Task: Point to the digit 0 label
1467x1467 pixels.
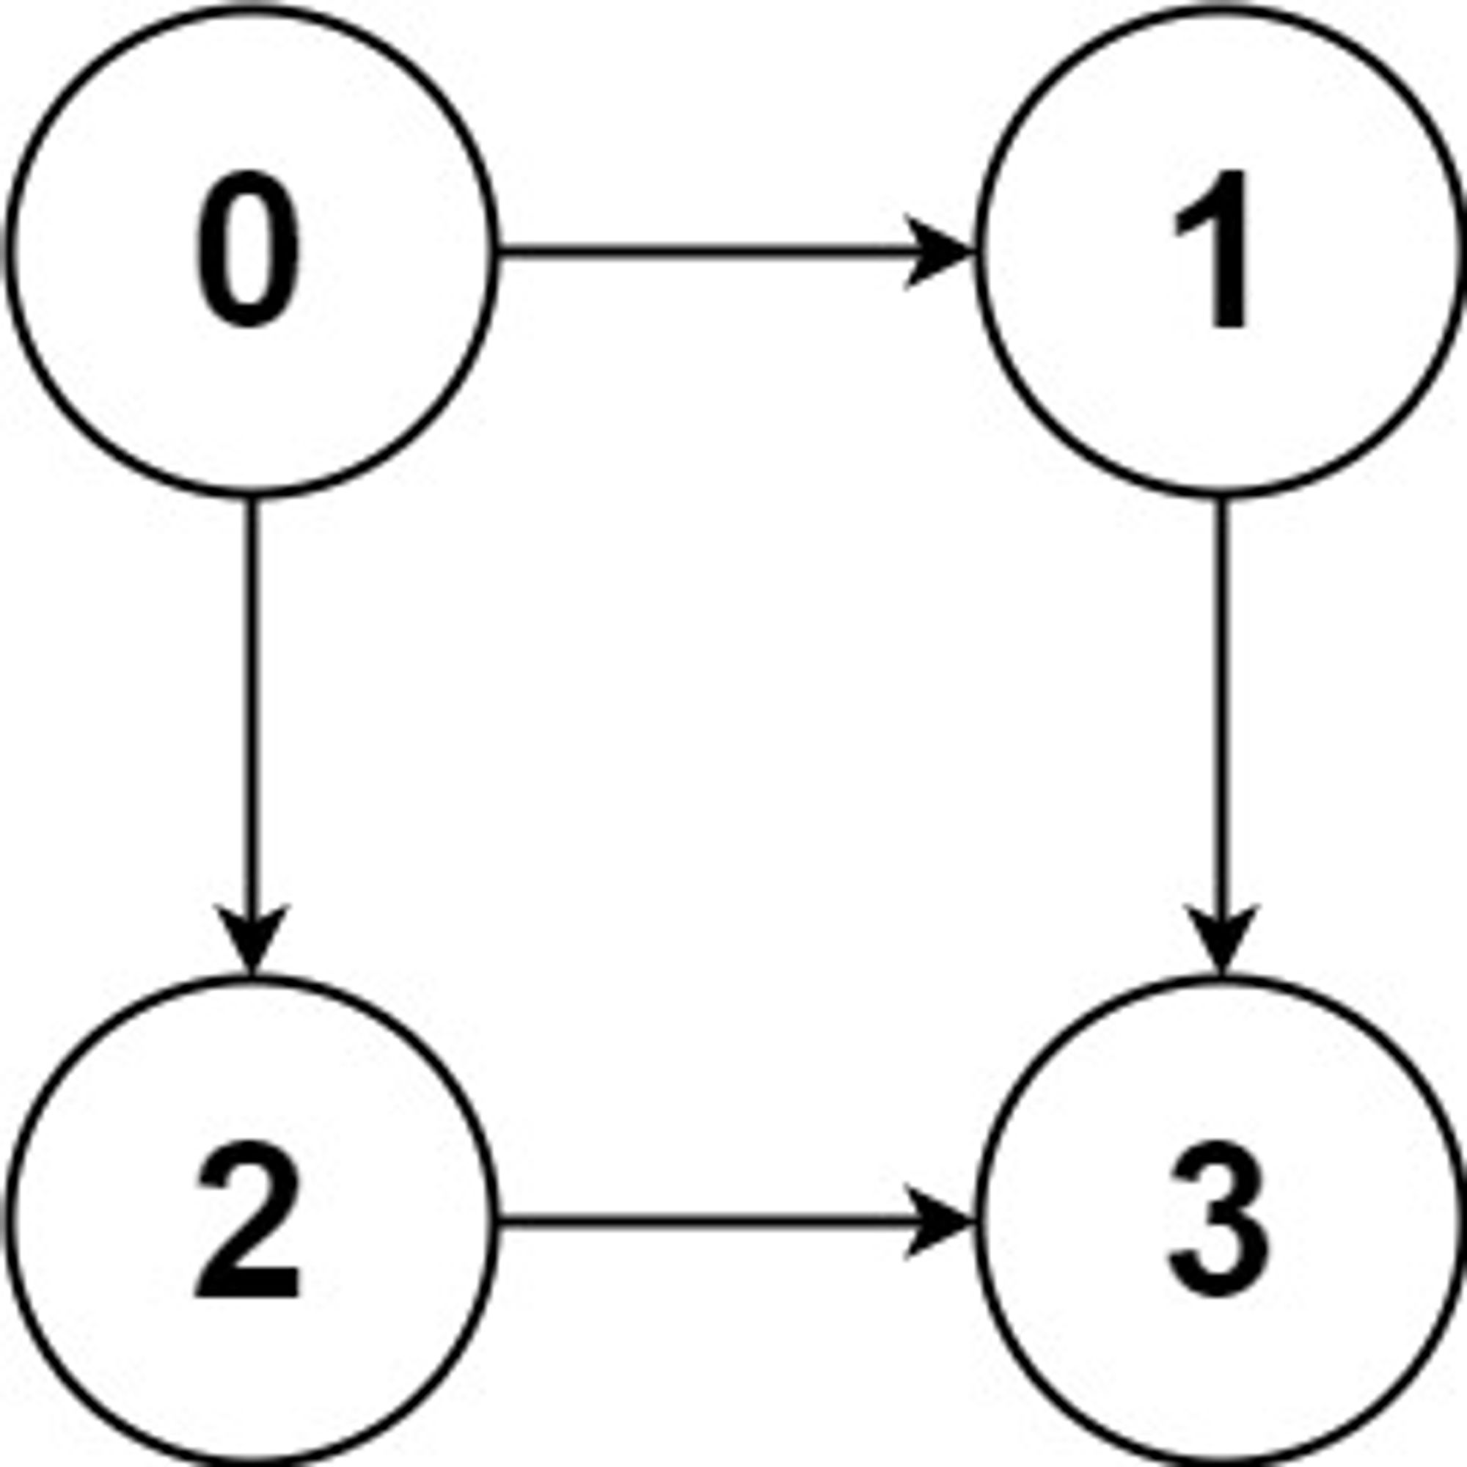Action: pyautogui.click(x=249, y=250)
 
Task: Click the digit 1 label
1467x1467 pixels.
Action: pyautogui.click(x=1212, y=250)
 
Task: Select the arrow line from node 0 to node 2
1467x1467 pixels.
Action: pyautogui.click(x=252, y=736)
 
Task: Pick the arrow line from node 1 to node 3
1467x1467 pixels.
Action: pyautogui.click(x=1221, y=736)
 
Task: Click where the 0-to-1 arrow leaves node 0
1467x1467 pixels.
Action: pyautogui.click(x=498, y=252)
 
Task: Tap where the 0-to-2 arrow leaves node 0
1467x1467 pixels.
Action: pyautogui.click(x=252, y=498)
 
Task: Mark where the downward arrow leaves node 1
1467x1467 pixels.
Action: pyautogui.click(x=1221, y=498)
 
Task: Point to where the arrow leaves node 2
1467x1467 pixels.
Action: pyautogui.click(x=498, y=1221)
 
